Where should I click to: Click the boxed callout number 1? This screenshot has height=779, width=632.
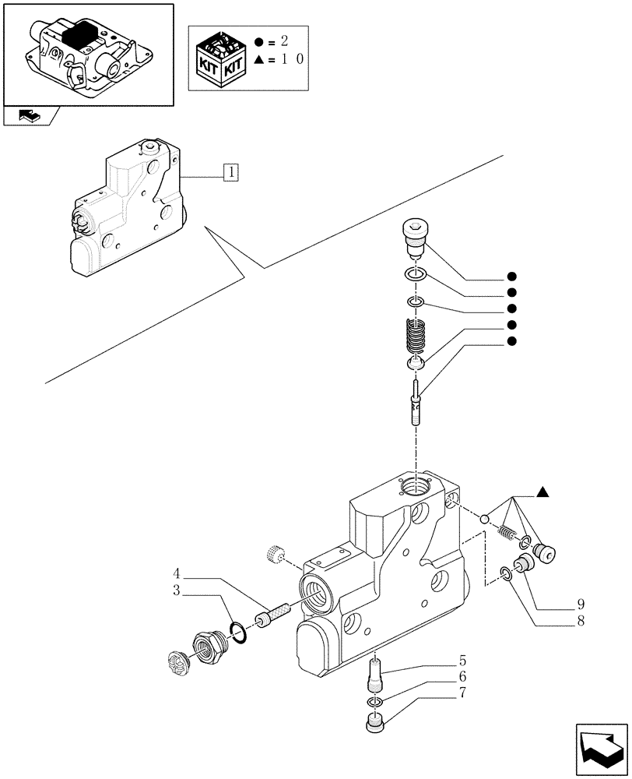click(x=230, y=172)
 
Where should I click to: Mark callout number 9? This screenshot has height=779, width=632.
click(x=581, y=604)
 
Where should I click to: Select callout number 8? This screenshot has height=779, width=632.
click(x=581, y=620)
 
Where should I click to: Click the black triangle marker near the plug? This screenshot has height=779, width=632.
click(x=543, y=492)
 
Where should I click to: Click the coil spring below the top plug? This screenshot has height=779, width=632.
click(x=418, y=337)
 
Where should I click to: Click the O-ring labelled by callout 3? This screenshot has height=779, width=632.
click(x=241, y=632)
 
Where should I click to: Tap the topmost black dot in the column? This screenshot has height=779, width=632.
click(x=511, y=276)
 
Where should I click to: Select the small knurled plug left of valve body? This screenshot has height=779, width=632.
click(x=273, y=554)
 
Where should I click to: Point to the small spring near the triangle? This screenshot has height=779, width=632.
click(x=507, y=533)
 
